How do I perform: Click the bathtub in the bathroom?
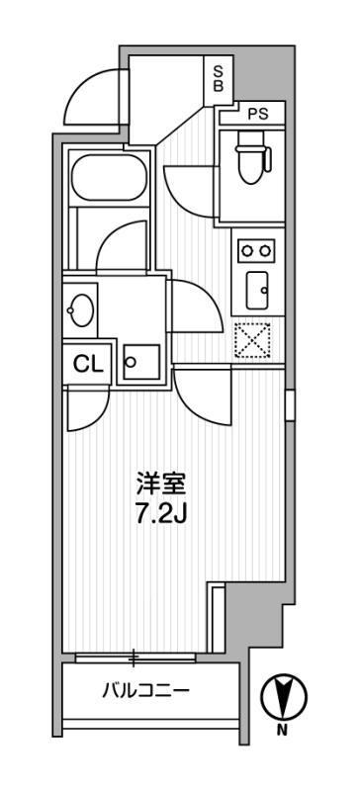pos(110,177)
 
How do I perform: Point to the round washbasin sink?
pos(80,311)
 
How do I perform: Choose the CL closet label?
pos(87,363)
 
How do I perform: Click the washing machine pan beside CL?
pos(139,362)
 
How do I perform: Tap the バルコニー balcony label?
pos(144,690)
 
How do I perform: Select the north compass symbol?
pos(282,698)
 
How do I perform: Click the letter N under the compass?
pos(282,732)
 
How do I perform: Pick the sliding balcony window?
pos(135,656)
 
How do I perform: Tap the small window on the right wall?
pos(290,404)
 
